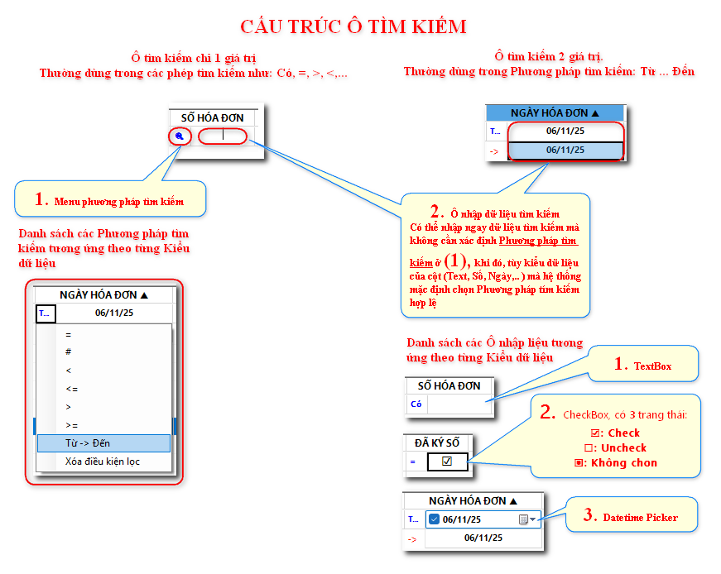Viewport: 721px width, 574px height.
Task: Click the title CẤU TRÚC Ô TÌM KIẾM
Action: (353, 26)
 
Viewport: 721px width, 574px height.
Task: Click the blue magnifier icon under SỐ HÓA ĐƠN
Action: (180, 136)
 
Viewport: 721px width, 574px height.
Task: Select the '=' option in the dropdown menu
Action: (68, 334)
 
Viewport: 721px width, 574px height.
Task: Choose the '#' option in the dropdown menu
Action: (68, 352)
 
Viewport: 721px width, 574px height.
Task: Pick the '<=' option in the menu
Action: (71, 388)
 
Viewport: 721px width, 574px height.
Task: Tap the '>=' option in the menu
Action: (71, 424)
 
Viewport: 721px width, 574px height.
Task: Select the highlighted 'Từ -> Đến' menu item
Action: (88, 443)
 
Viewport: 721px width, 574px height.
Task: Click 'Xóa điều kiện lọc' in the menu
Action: (103, 462)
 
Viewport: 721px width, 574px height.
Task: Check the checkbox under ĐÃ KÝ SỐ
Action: (447, 462)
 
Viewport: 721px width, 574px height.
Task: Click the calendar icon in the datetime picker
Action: (523, 519)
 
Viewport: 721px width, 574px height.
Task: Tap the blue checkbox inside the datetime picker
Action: (434, 519)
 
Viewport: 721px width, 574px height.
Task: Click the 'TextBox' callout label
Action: (652, 366)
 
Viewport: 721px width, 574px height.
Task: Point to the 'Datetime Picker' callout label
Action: (641, 517)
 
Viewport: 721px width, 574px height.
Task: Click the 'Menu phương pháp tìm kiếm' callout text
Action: (118, 201)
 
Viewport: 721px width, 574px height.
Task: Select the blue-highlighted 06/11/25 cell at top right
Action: (565, 150)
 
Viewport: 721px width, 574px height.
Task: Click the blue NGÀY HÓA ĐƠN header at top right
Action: (554, 112)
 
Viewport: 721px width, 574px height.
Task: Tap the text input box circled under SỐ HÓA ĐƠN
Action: (223, 136)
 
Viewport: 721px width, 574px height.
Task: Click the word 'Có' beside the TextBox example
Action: (416, 404)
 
